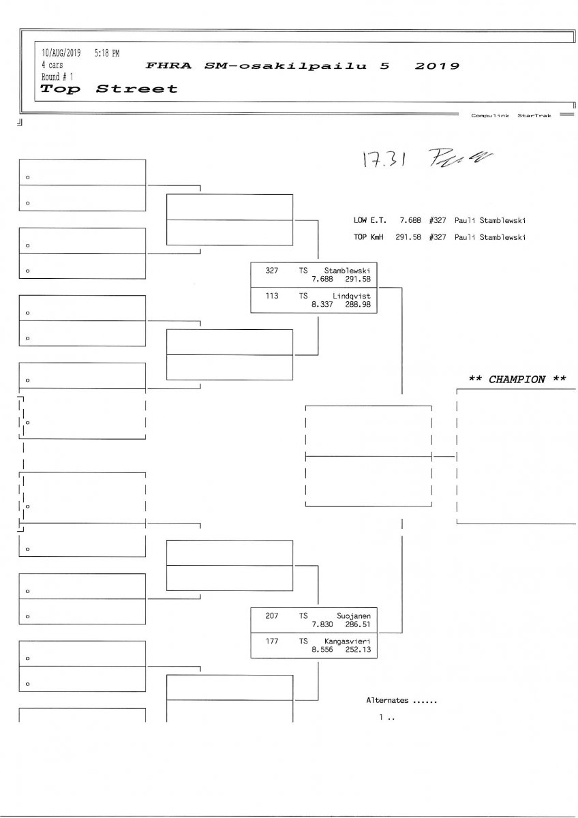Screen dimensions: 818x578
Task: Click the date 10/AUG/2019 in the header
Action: (61, 52)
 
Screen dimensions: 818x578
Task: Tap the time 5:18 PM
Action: (107, 52)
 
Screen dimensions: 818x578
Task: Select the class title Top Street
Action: (108, 89)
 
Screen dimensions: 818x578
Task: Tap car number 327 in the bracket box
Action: (271, 271)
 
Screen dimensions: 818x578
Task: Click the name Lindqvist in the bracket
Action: (351, 297)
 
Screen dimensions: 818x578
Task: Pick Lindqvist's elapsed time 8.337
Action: (322, 305)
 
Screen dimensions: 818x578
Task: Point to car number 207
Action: (271, 616)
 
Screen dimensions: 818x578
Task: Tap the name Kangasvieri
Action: (348, 641)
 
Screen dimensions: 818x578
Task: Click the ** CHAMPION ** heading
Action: (517, 380)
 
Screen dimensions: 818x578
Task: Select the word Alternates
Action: (387, 700)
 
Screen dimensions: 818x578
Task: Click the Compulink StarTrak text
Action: (511, 116)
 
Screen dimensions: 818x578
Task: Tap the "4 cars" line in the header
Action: (52, 65)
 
